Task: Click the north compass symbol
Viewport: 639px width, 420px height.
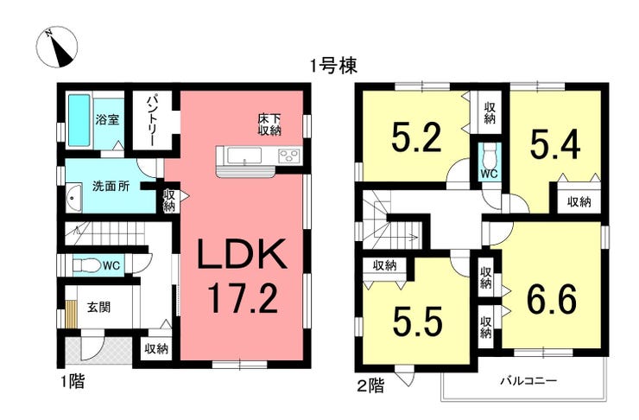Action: [x=56, y=48]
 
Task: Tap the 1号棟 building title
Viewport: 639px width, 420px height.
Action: [x=334, y=66]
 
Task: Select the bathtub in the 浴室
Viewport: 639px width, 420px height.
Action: [x=79, y=120]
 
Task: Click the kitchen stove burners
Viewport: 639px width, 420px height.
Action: [x=289, y=156]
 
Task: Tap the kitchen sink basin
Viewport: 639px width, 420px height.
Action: [x=244, y=156]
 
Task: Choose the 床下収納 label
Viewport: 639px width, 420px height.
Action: [x=269, y=124]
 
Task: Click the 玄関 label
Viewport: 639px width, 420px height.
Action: [x=99, y=307]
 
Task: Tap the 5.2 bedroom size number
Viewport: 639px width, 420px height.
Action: [x=416, y=137]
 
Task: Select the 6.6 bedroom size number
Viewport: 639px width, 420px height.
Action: [x=552, y=299]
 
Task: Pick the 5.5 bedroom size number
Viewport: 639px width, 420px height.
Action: [x=417, y=321]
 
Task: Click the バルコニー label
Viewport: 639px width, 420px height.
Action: [x=528, y=382]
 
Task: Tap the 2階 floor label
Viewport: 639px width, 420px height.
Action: [x=370, y=385]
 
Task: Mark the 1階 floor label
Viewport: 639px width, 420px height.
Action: [x=73, y=382]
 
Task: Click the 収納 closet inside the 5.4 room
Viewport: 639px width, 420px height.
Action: [x=579, y=201]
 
